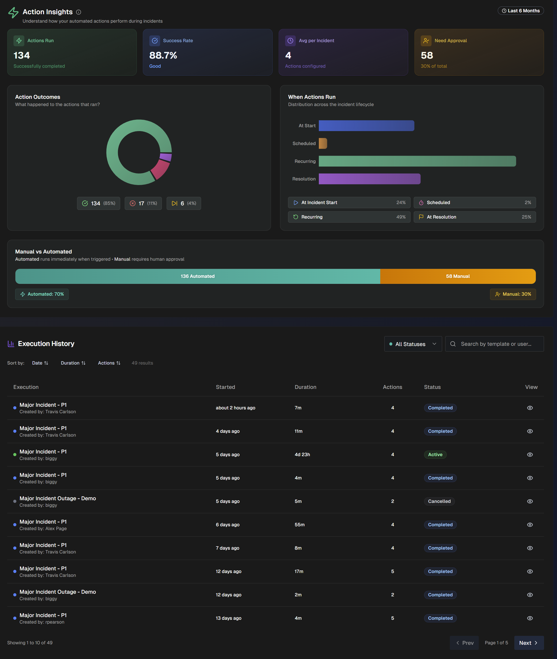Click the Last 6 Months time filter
(520, 11)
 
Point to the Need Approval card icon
(426, 41)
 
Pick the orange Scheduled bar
(323, 143)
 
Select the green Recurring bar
(417, 161)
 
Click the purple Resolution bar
(369, 179)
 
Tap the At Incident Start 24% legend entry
(349, 202)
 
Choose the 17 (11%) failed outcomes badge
(143, 203)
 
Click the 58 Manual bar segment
(458, 276)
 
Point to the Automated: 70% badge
(42, 294)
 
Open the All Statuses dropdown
(413, 344)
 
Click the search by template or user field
(496, 344)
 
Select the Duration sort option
(73, 363)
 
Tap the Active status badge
(435, 455)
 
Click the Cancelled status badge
(439, 501)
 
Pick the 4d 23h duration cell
(302, 455)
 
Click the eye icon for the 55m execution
(530, 525)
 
